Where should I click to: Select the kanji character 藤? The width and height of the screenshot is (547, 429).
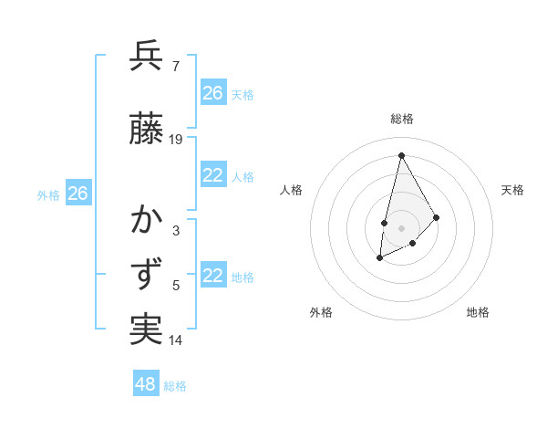coord(147,130)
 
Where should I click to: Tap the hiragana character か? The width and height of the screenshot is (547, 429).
coord(147,220)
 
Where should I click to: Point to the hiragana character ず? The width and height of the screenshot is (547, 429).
coord(147,275)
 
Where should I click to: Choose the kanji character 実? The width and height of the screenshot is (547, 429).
coord(147,329)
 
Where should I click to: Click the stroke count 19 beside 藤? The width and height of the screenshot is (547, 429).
coord(176,140)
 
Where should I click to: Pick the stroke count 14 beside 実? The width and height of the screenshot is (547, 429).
coord(176,340)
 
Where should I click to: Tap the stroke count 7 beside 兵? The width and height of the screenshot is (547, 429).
coord(175,66)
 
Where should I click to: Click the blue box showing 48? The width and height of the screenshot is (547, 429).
coord(146,384)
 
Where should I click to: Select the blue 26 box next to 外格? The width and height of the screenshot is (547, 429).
coord(77,194)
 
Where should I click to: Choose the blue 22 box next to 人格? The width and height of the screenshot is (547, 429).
coord(213,176)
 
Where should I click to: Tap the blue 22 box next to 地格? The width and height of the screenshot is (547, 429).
coord(213,277)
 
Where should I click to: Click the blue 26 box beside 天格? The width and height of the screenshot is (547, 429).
coord(213,93)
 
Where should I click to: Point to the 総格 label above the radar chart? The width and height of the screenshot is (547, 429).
coord(402,119)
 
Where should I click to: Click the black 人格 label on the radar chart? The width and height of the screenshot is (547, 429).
coord(292,190)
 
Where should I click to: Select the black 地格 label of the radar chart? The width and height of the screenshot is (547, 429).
coord(478,312)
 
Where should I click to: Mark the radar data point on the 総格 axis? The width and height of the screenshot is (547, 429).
coord(401,154)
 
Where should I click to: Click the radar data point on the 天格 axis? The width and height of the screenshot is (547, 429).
coord(437,217)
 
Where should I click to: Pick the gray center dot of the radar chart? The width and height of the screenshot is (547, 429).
coord(401,228)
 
